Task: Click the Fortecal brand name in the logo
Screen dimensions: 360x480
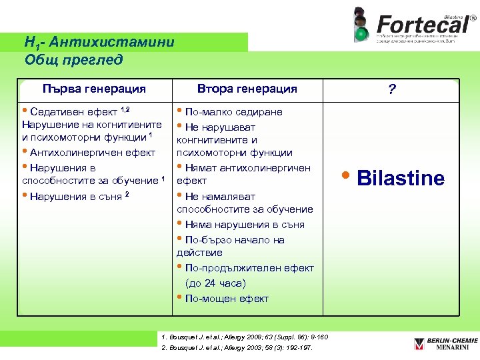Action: [421, 24]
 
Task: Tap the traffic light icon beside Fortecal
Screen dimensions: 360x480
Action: [360, 25]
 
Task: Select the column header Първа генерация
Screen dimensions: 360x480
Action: [94, 89]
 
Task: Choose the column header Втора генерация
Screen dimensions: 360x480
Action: [247, 89]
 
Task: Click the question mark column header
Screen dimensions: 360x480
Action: [391, 89]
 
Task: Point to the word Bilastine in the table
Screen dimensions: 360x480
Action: [401, 178]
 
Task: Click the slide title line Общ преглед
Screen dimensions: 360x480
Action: [74, 60]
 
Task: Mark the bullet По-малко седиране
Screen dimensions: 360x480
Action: [233, 111]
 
